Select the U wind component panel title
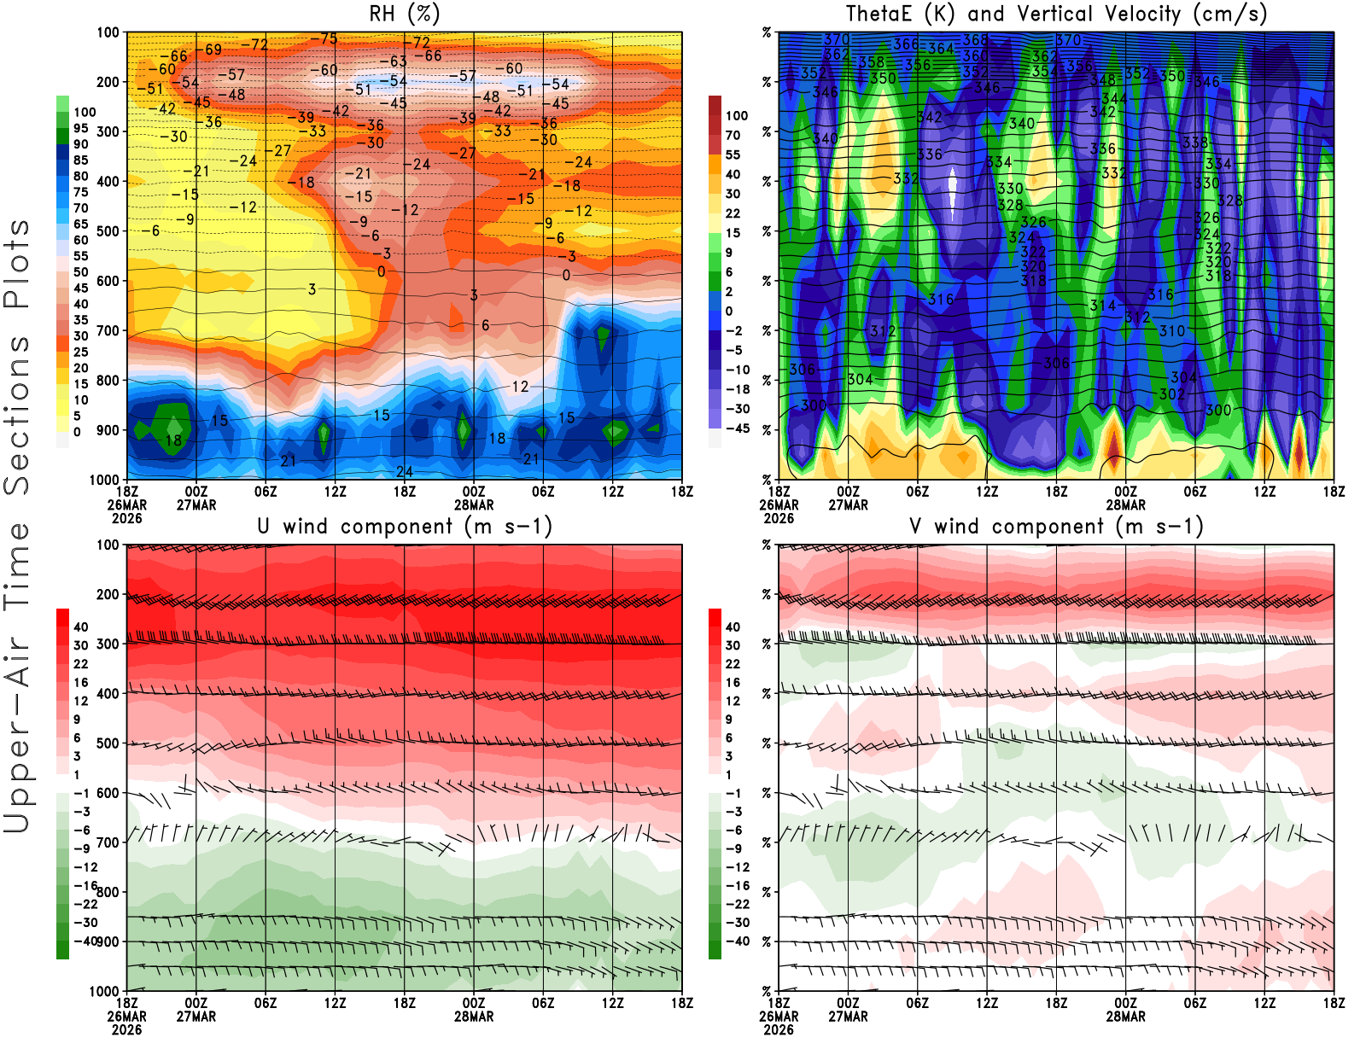(x=405, y=527)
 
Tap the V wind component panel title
(x=1056, y=527)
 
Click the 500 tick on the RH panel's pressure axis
(x=108, y=230)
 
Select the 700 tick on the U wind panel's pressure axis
(x=108, y=842)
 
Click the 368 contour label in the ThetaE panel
(x=975, y=39)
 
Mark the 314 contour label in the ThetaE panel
(x=1103, y=305)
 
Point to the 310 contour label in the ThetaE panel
(x=1172, y=330)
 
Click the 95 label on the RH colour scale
(x=80, y=128)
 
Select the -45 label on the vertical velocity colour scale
(x=736, y=428)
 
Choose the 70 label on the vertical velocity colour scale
(x=733, y=135)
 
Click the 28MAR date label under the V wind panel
(x=1125, y=1017)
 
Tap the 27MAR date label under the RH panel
(x=196, y=504)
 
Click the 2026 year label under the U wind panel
(x=126, y=1029)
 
